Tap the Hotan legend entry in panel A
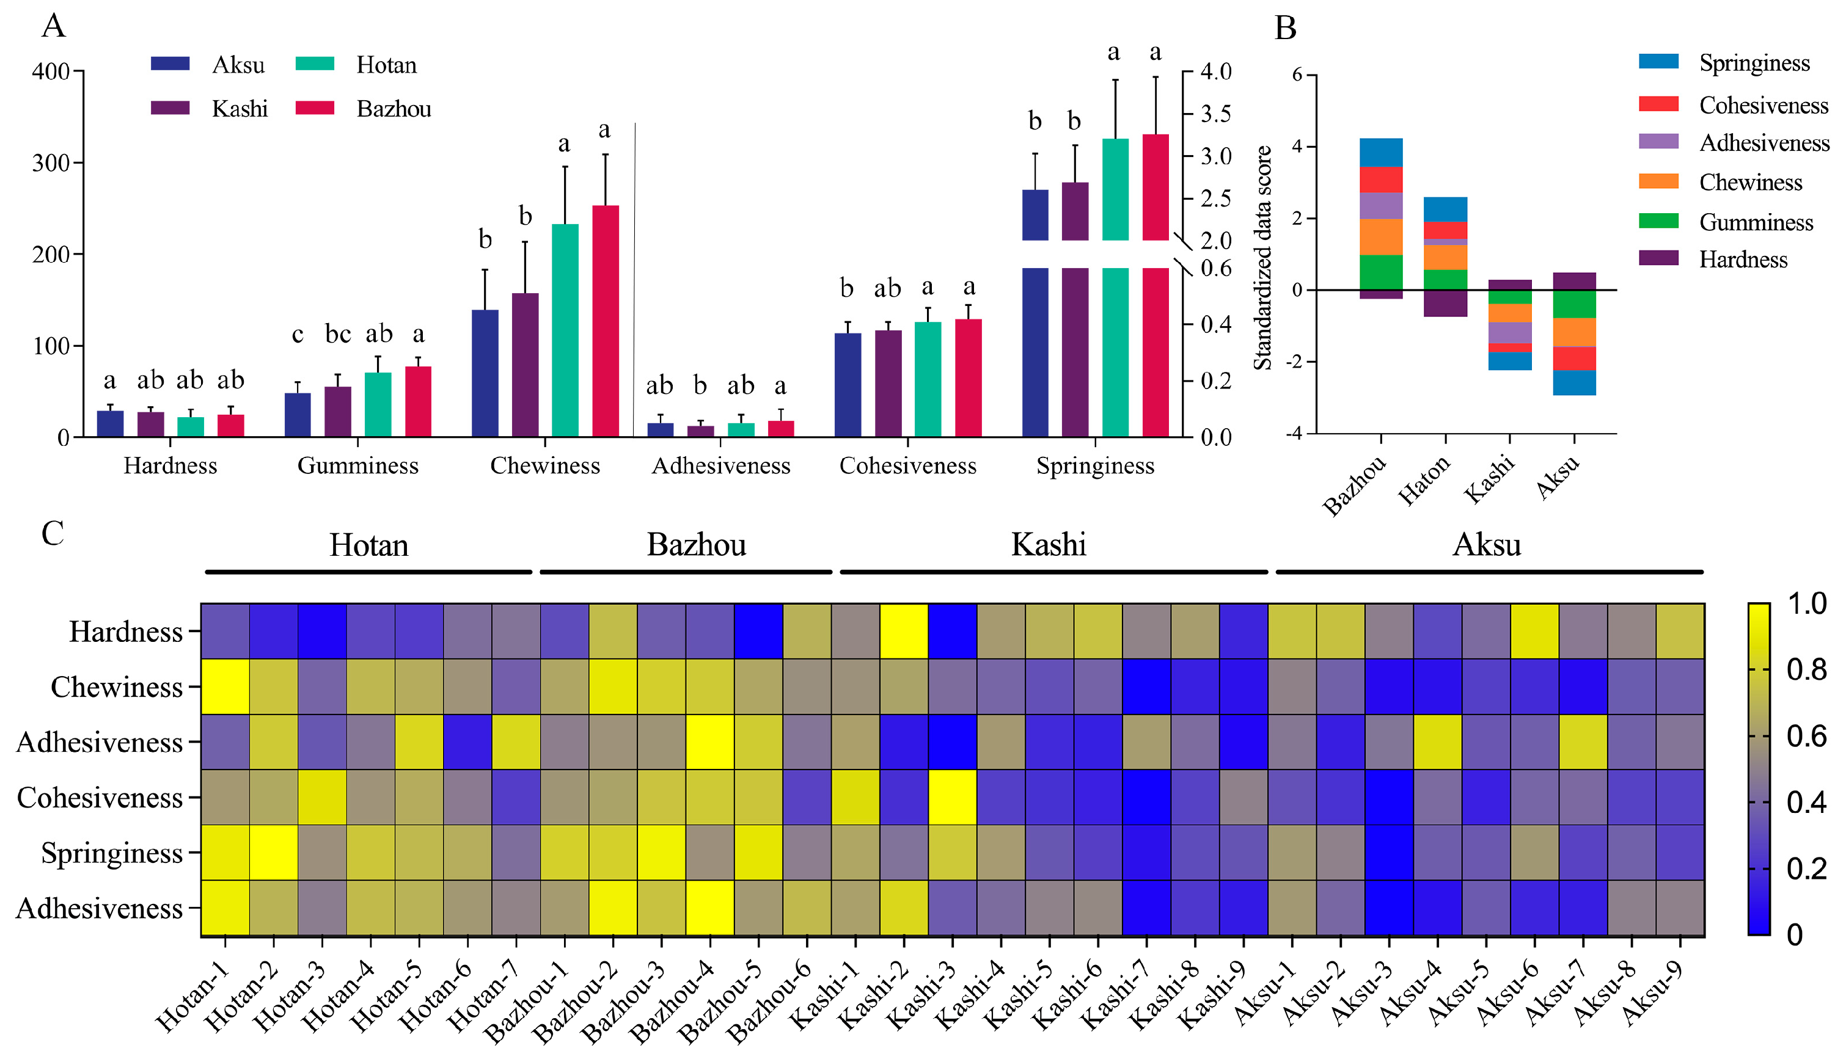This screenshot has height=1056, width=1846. (356, 65)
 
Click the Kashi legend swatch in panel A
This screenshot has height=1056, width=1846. (170, 108)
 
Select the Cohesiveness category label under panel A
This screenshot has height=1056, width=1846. (908, 465)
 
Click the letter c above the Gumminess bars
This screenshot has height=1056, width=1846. (298, 335)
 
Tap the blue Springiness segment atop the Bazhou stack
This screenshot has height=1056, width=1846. (1380, 152)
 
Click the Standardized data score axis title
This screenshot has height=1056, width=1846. (1262, 258)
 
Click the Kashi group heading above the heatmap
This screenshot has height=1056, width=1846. (1049, 545)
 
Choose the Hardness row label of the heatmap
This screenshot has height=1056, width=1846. (125, 632)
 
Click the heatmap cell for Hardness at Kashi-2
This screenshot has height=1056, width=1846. (903, 631)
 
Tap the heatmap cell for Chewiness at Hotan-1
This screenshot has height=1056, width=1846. (225, 686)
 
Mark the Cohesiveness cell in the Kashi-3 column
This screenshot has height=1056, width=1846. (952, 796)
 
